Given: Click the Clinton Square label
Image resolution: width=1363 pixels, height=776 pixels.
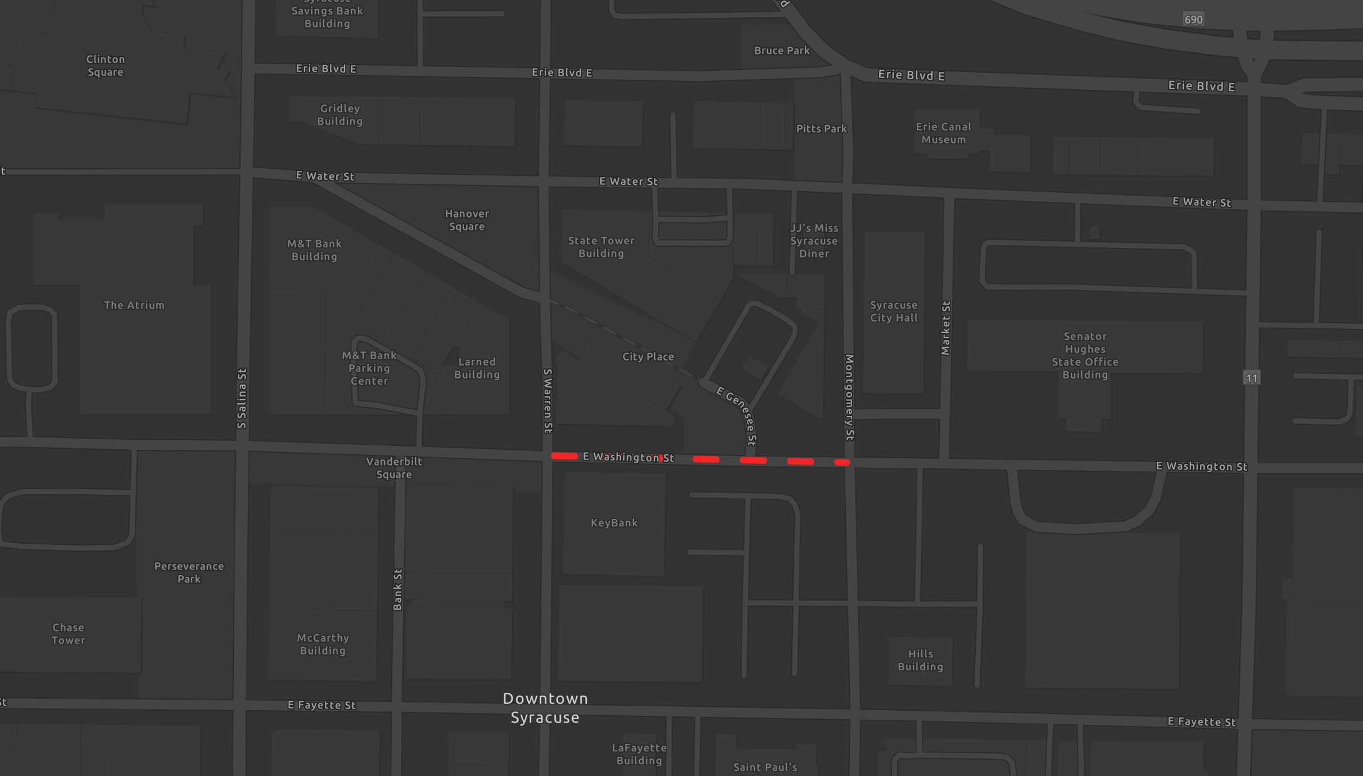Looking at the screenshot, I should [105, 66].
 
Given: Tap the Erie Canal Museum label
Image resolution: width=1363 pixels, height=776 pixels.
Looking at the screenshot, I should [943, 133].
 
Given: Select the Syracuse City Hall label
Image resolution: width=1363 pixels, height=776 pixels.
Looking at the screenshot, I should [894, 312].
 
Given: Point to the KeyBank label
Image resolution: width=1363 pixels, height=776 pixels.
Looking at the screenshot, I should [614, 523].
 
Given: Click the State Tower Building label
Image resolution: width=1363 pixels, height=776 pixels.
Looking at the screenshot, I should [601, 247].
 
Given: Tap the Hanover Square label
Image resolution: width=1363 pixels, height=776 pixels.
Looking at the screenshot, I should [467, 220].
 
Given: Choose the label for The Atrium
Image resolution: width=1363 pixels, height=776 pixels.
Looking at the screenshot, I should [134, 305].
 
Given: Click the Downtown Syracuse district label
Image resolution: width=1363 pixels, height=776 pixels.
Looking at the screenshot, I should [545, 708].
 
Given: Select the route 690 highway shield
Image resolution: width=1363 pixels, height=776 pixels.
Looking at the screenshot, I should [1193, 20].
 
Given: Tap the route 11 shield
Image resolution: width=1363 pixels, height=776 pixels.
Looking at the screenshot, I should [1251, 378].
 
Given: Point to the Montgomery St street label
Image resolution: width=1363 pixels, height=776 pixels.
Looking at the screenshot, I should [849, 398].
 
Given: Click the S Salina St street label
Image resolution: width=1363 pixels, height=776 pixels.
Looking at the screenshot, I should [242, 398].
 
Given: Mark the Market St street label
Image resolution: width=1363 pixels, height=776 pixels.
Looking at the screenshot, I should [945, 328].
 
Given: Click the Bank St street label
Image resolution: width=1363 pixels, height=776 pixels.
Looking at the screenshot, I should [397, 589].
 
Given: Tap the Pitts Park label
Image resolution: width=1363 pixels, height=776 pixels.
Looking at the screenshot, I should [821, 129].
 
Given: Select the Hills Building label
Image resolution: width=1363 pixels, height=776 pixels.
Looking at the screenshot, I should [920, 660].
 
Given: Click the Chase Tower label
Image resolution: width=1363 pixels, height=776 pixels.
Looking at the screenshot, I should [68, 634].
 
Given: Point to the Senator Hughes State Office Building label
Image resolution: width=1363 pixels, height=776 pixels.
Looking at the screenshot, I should [1085, 355].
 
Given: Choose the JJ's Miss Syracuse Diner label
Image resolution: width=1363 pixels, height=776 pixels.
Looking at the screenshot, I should [814, 241].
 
